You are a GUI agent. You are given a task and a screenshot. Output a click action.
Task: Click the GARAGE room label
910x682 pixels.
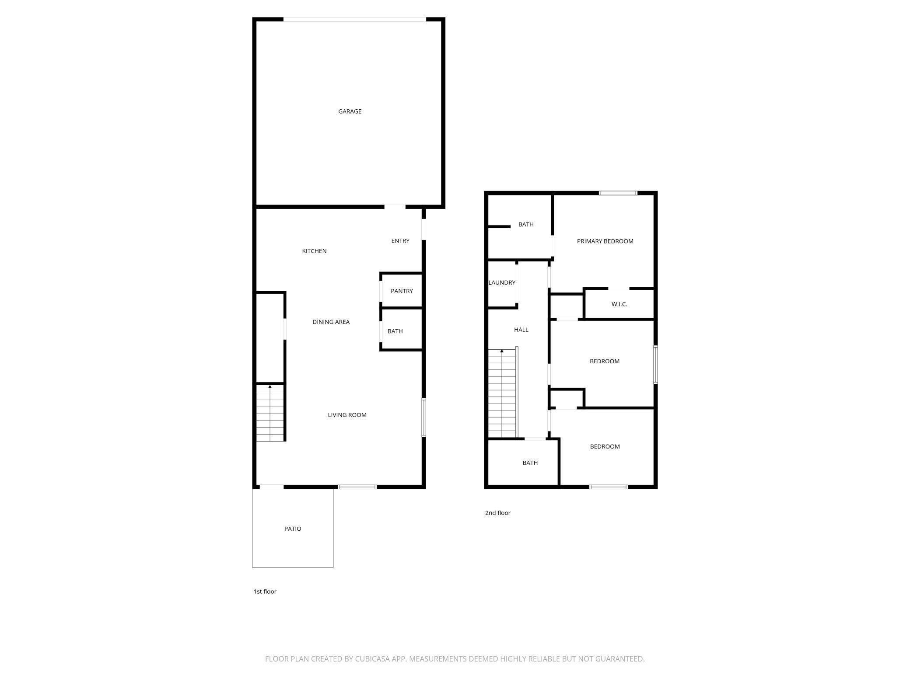(x=350, y=111)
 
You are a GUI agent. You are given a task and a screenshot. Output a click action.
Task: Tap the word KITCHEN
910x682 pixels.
(x=314, y=251)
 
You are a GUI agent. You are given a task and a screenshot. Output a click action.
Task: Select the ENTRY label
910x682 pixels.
(x=400, y=241)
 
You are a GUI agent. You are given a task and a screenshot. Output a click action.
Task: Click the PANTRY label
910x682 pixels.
(x=402, y=291)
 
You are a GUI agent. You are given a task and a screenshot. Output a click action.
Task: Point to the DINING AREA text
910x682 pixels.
(x=331, y=322)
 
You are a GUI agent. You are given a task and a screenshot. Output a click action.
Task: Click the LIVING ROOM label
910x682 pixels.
(x=347, y=415)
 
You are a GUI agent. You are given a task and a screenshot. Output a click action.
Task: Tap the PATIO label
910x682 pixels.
(x=293, y=529)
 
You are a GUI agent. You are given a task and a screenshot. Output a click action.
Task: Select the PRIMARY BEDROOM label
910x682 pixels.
(x=605, y=241)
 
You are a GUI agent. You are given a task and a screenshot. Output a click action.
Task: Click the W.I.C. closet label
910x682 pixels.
(x=619, y=304)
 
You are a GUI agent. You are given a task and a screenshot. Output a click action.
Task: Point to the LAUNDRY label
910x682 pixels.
(x=502, y=283)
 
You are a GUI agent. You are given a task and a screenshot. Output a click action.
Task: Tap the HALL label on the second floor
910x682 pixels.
(x=521, y=330)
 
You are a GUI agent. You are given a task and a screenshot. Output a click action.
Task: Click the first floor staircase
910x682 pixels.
(x=270, y=413)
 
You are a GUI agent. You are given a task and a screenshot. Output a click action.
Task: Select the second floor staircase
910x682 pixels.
(x=502, y=393)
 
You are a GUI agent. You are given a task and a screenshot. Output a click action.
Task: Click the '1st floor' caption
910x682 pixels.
(x=265, y=592)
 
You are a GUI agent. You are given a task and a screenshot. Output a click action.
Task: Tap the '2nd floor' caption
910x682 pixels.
(x=497, y=513)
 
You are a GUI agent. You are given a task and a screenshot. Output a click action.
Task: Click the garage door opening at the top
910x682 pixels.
(x=354, y=19)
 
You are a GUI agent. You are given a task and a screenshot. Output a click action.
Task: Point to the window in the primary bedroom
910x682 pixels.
(x=618, y=193)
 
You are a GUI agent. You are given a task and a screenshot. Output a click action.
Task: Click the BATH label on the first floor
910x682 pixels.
(x=395, y=331)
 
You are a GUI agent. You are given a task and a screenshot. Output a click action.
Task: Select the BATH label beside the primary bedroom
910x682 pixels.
(x=526, y=225)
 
